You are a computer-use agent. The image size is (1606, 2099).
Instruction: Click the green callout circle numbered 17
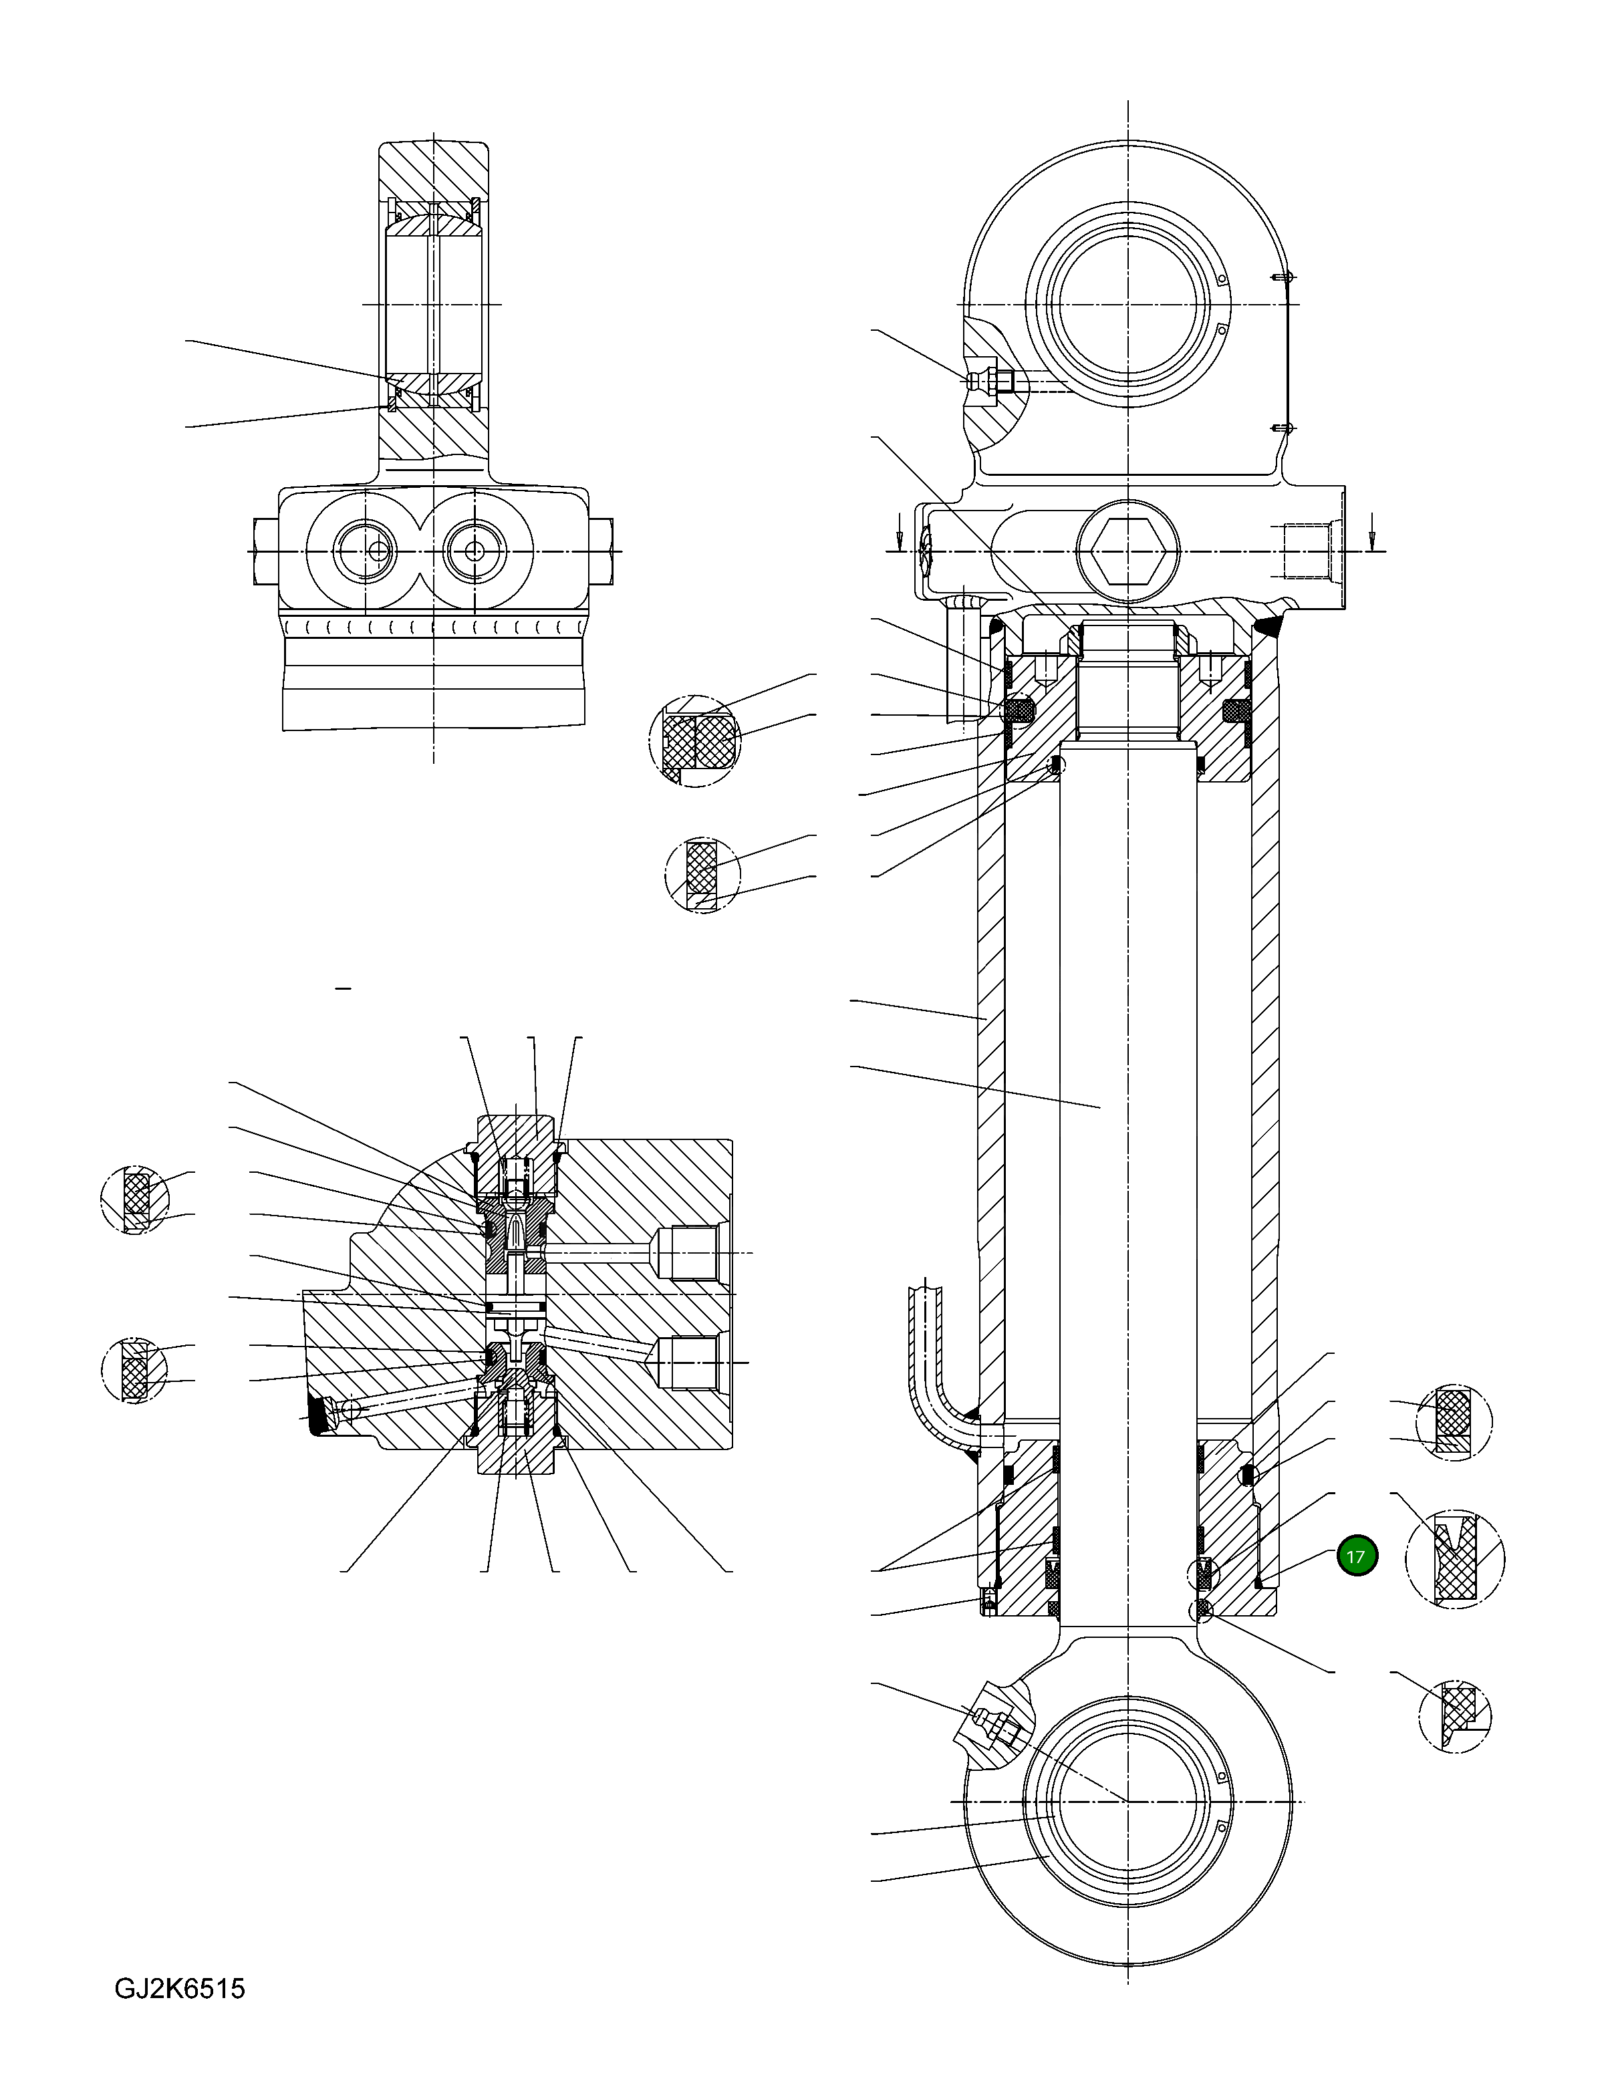[x=1355, y=1556]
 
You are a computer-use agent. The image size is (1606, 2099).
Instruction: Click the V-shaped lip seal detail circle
[x=1454, y=1558]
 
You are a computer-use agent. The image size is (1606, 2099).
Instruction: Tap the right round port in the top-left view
[x=475, y=551]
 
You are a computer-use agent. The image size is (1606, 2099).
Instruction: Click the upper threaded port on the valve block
[x=690, y=1252]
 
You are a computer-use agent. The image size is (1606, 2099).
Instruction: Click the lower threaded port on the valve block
[x=690, y=1362]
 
